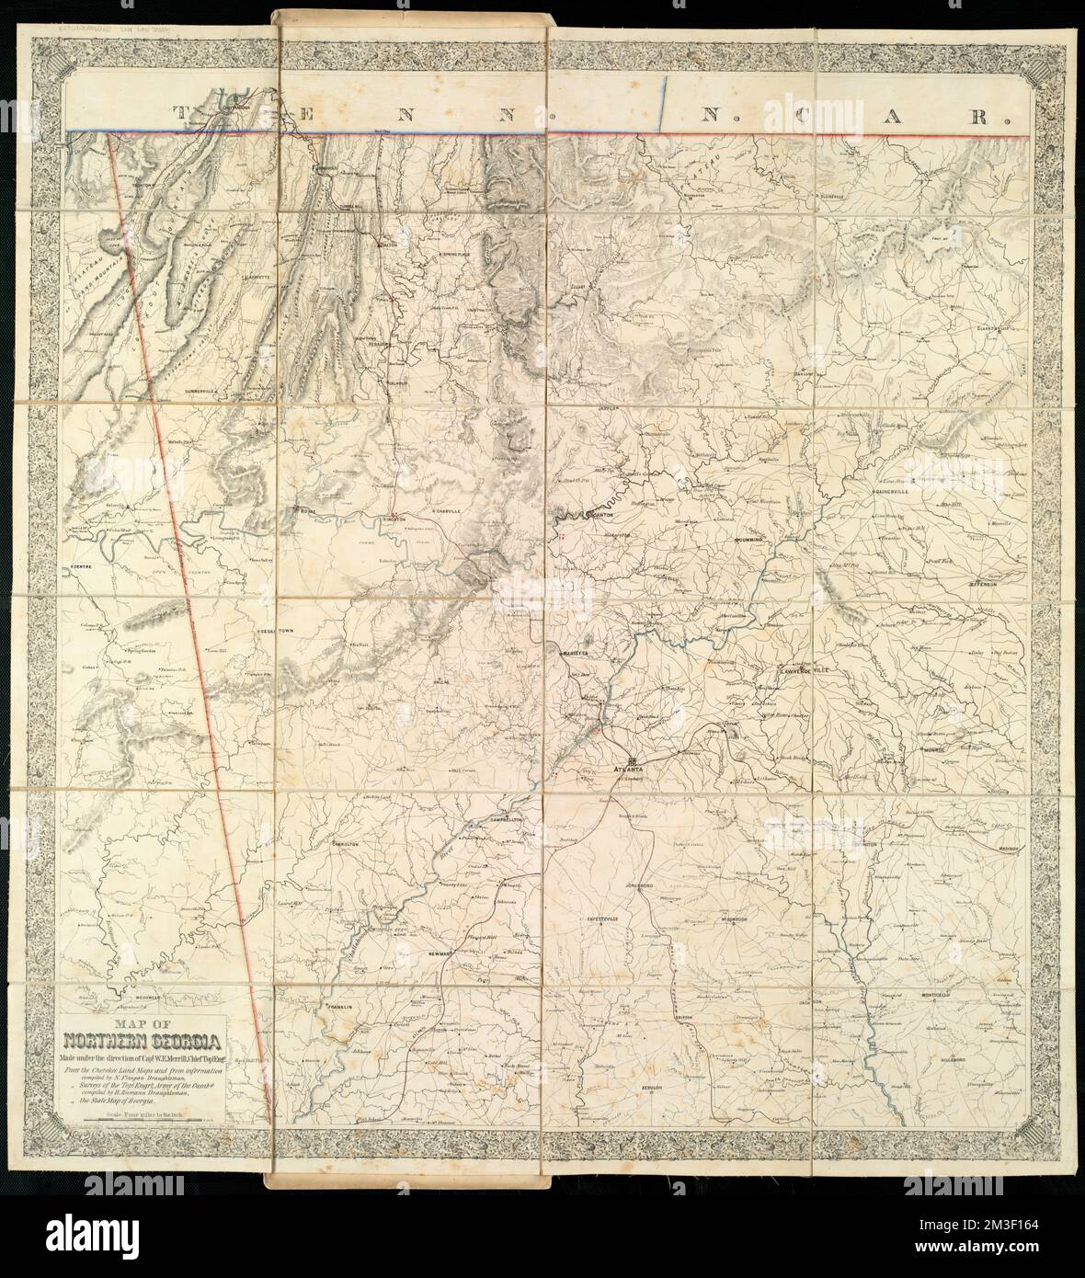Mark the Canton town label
point(600,516)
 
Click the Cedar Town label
point(273,633)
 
